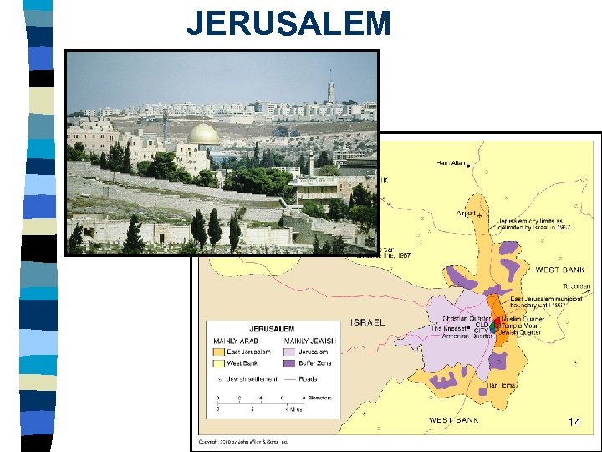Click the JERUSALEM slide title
click(x=288, y=23)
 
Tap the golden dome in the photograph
click(x=203, y=134)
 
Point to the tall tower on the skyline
click(x=330, y=91)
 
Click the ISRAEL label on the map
click(x=368, y=322)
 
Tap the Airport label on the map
click(x=467, y=213)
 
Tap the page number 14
click(x=574, y=423)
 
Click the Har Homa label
click(x=503, y=385)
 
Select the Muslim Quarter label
click(x=523, y=319)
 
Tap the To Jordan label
click(x=576, y=286)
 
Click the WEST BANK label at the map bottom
click(x=454, y=419)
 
